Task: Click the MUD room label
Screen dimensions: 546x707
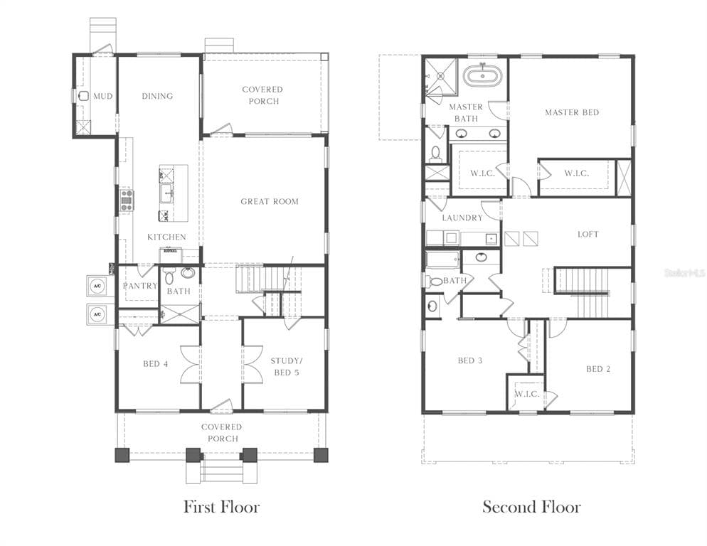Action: [x=103, y=96]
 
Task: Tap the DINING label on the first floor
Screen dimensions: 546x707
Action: [x=157, y=96]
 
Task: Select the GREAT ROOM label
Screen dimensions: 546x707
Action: [x=270, y=201]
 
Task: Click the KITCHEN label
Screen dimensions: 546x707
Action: [x=166, y=237]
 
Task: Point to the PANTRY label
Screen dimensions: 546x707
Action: [x=139, y=286]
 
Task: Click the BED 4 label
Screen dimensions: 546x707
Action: [x=156, y=364]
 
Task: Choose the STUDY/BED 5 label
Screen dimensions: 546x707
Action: [x=284, y=366]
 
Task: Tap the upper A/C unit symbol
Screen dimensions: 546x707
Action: [x=96, y=284]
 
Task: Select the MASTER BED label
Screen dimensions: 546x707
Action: [x=572, y=112]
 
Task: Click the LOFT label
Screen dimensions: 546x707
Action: [x=588, y=234]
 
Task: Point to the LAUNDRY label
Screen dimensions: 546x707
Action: [x=462, y=218]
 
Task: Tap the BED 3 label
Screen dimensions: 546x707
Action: [x=470, y=360]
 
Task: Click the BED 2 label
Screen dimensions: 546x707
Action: [x=598, y=368]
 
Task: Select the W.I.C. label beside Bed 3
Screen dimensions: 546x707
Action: [x=527, y=394]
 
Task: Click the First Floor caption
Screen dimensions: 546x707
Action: [x=221, y=507]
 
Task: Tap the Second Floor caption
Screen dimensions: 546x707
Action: [x=531, y=507]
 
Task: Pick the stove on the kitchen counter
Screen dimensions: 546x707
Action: [x=127, y=200]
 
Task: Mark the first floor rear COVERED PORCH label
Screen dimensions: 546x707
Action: [x=262, y=95]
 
